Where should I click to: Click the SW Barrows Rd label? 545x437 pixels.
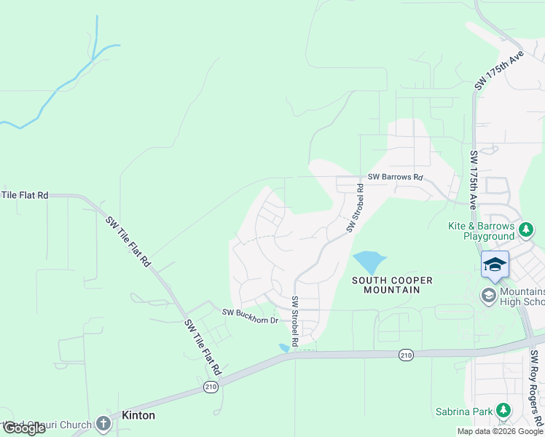(395, 177)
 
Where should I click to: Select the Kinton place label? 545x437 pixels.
(138, 415)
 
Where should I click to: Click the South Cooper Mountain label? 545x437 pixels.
(392, 285)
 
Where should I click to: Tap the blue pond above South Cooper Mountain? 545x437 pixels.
(369, 261)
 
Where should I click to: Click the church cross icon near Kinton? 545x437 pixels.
(103, 423)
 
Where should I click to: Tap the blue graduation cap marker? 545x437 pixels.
(495, 264)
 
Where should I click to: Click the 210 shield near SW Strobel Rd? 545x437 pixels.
(406, 355)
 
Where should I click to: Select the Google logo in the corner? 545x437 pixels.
(23, 428)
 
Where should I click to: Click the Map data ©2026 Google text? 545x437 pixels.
(501, 431)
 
